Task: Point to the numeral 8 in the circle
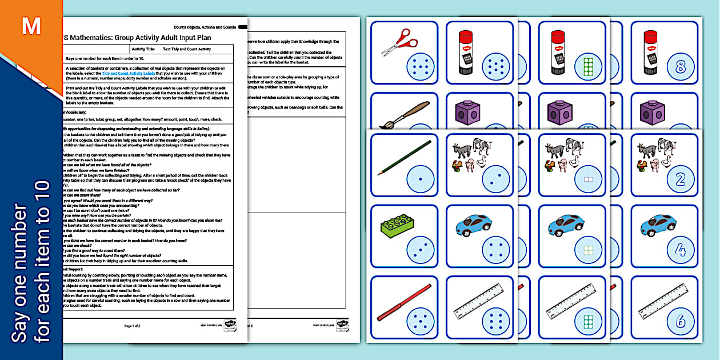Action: click(x=679, y=67)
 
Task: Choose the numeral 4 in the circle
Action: click(x=679, y=250)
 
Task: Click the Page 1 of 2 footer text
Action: click(x=133, y=325)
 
